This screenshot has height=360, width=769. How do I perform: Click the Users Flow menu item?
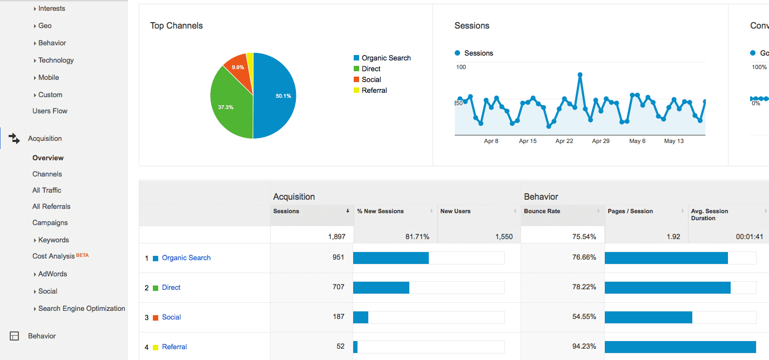[50, 111]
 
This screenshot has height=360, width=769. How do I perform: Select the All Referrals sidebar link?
[51, 206]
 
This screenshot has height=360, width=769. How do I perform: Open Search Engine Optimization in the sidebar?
[82, 308]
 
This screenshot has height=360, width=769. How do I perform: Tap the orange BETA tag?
[83, 255]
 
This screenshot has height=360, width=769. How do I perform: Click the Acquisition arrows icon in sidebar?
[14, 138]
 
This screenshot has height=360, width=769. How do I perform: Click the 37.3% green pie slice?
[230, 106]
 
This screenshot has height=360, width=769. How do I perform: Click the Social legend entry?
[367, 80]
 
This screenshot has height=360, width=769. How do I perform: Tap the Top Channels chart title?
[177, 26]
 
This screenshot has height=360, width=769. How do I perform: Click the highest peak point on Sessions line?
[580, 74]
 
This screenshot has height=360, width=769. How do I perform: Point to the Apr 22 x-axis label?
[564, 141]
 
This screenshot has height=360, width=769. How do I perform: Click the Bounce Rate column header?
[542, 211]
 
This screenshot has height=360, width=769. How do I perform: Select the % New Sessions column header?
[380, 211]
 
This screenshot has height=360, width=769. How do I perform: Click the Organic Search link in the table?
[186, 258]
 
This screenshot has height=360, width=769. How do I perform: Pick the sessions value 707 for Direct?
[338, 287]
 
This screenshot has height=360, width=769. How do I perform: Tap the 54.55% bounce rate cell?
[584, 316]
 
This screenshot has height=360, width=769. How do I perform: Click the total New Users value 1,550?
[504, 236]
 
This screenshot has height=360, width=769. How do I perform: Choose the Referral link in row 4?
[174, 347]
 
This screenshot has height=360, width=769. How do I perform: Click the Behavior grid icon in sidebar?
[14, 336]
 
